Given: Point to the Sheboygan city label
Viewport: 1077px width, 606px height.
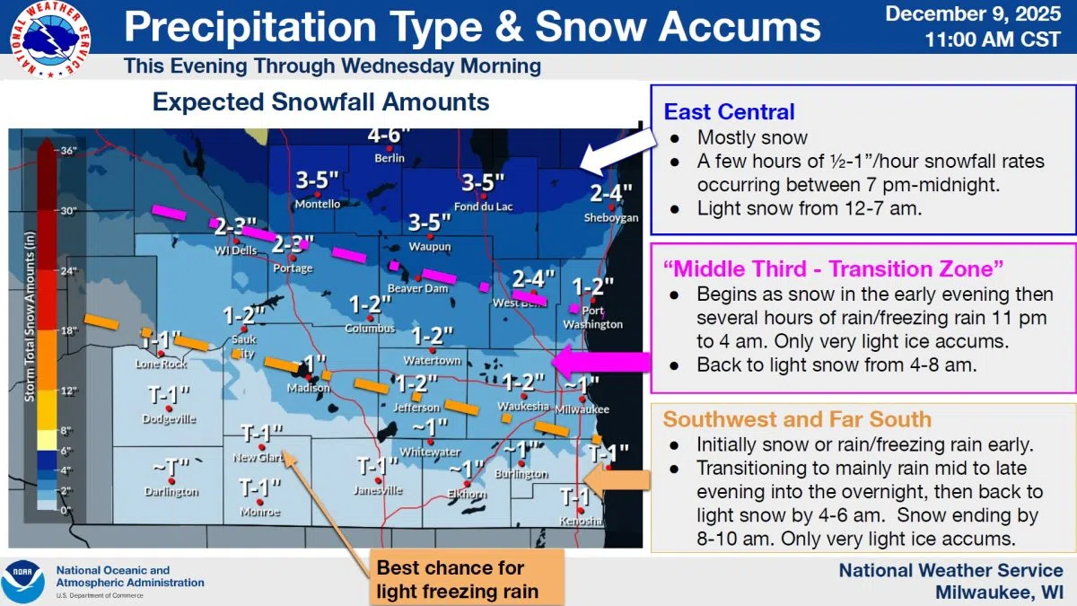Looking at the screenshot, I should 611,218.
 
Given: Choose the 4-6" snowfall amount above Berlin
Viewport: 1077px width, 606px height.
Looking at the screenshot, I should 390,136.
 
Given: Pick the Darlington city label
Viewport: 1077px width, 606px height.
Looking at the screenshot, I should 171,492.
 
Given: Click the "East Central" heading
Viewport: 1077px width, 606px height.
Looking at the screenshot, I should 729,111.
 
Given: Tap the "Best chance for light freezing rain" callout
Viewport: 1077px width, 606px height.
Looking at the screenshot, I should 458,579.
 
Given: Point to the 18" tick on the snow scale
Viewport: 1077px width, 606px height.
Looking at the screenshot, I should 43,331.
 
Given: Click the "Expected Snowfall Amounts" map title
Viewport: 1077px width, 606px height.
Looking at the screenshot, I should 320,101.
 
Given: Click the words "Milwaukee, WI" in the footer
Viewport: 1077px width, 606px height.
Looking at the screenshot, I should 999,593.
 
